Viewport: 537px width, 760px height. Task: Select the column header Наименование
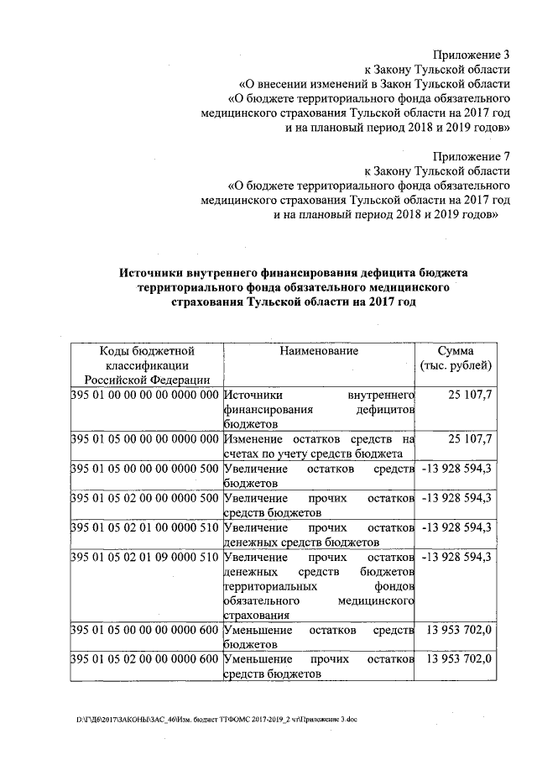(319, 350)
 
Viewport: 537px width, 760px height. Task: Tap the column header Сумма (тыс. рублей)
(456, 358)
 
